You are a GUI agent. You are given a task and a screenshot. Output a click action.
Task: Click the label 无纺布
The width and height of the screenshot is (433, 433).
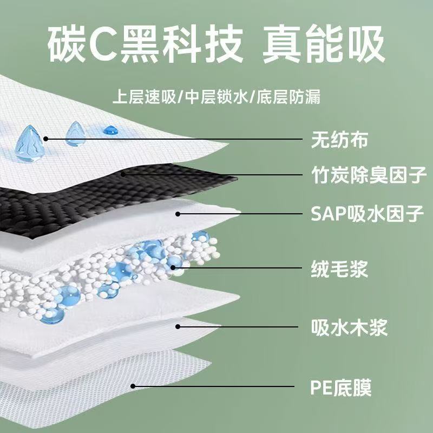point(339,140)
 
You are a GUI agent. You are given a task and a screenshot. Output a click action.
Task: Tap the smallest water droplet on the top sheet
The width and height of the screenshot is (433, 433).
point(111,130)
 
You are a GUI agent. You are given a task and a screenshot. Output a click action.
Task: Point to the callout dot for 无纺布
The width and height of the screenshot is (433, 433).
point(47,139)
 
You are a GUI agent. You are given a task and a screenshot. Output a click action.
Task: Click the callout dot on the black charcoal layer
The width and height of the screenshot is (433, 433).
point(124,174)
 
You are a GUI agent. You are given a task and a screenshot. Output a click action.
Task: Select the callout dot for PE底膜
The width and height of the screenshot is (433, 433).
point(133,386)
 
